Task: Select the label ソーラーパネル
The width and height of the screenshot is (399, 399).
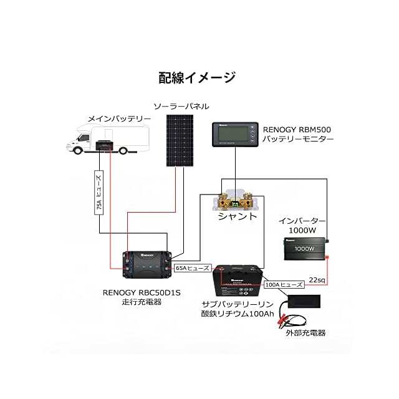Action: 181,107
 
